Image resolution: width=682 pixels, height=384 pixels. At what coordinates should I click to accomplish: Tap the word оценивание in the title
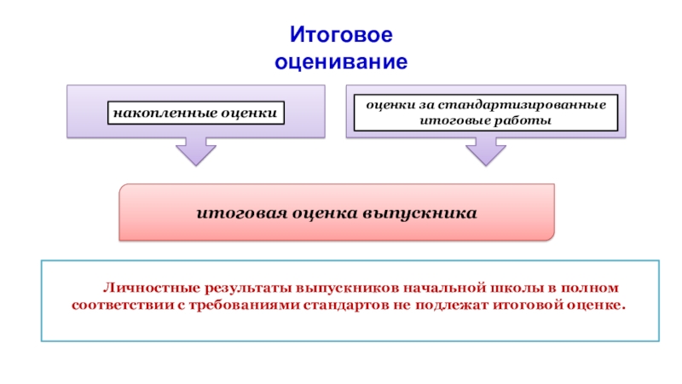click(x=341, y=62)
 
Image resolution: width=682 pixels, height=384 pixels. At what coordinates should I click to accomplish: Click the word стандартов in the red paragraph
click(x=341, y=305)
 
